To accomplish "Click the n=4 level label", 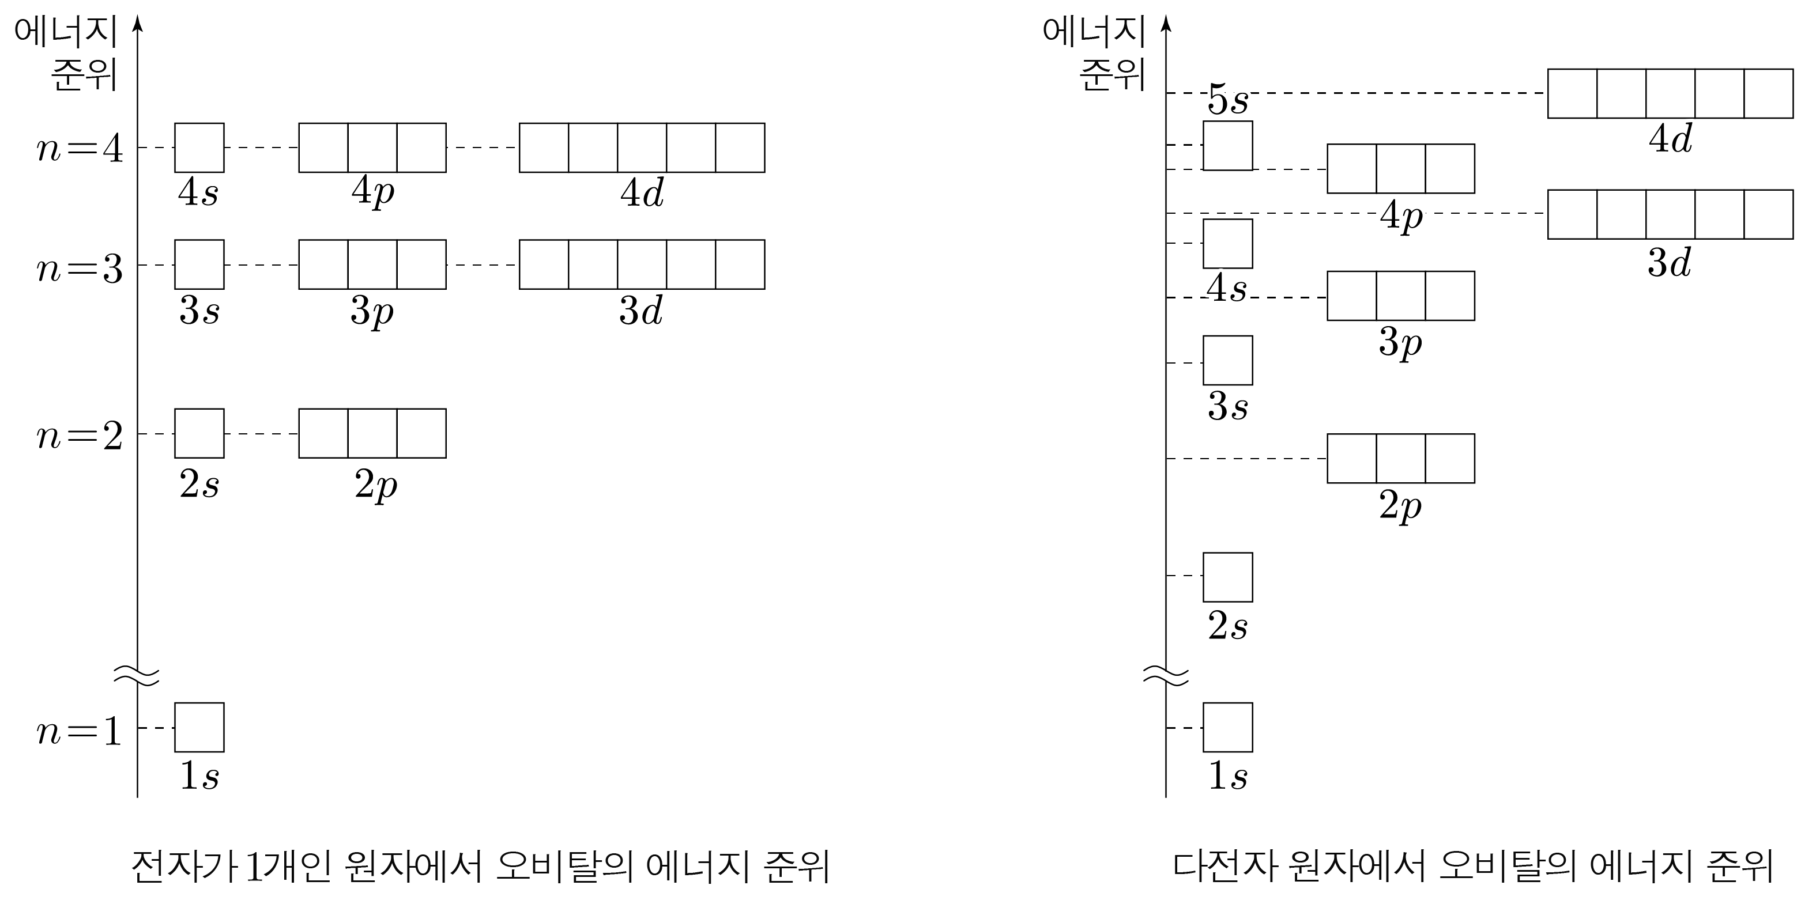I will click(x=80, y=149).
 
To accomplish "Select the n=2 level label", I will click(x=80, y=436).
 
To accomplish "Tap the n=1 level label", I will click(x=80, y=731).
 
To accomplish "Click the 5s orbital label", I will click(x=1227, y=100).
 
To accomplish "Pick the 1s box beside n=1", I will click(x=199, y=727).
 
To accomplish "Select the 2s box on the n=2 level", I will click(x=199, y=433).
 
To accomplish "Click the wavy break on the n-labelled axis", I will click(x=137, y=675).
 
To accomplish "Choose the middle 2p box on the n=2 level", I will click(x=372, y=433).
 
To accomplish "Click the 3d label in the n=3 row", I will click(x=641, y=311).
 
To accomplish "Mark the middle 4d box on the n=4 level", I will click(x=642, y=148).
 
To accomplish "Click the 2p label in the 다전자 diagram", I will click(x=1400, y=506).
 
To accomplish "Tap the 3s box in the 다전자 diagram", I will click(x=1227, y=360).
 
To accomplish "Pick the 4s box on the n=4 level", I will click(x=199, y=148).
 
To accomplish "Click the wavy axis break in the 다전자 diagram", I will click(x=1165, y=675).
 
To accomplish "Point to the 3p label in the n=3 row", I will click(x=371, y=311).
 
